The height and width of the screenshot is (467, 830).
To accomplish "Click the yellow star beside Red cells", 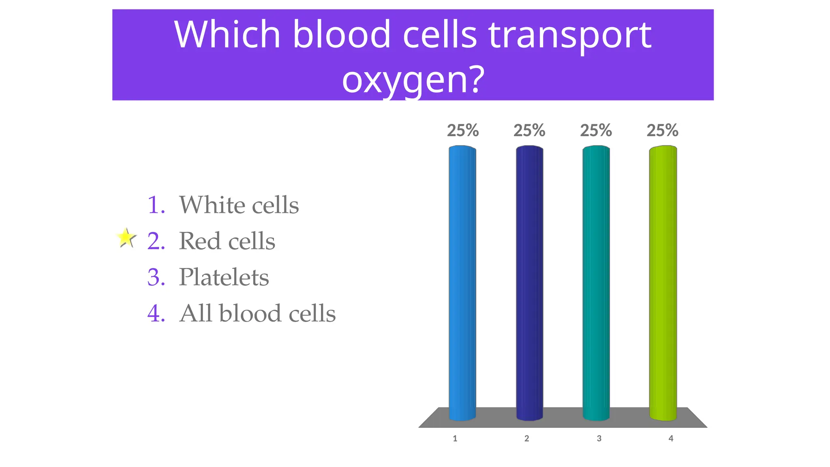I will click(x=126, y=238).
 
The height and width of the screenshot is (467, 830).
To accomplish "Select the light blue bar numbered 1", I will click(x=462, y=284).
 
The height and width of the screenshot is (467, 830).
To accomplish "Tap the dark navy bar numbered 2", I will click(x=529, y=284).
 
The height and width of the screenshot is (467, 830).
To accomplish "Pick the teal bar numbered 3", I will click(x=596, y=284).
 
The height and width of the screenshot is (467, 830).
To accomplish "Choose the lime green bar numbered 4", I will click(x=663, y=284).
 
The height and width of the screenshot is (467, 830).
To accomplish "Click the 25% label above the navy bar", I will click(x=529, y=131).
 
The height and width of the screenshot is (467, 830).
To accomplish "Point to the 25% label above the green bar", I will click(x=662, y=131).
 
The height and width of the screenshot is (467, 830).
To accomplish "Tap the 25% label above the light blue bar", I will click(x=463, y=131).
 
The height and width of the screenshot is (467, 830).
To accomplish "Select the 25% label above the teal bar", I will click(x=596, y=131).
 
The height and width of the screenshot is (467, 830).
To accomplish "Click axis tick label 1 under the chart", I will click(x=455, y=439).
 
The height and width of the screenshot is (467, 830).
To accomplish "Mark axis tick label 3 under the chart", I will click(x=599, y=439).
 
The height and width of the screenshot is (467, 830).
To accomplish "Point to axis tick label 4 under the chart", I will click(x=671, y=439).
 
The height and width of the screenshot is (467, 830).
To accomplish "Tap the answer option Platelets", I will click(x=224, y=277).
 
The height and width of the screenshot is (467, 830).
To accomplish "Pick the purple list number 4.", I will click(x=156, y=314).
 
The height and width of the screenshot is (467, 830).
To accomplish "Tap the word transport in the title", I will click(x=569, y=36).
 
